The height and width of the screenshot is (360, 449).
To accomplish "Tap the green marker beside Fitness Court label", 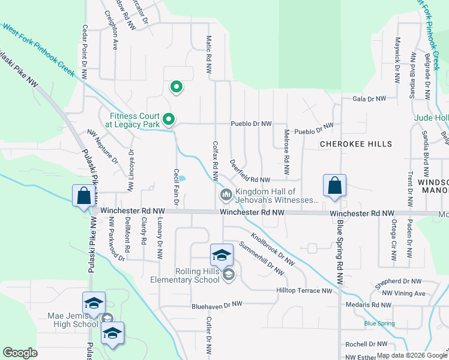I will pyautogui.click(x=169, y=120).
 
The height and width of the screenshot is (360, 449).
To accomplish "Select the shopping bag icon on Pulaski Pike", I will pyautogui.click(x=83, y=196).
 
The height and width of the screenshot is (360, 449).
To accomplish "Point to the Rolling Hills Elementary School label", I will pyautogui.click(x=189, y=275).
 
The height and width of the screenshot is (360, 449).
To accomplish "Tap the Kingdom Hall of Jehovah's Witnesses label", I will pyautogui.click(x=277, y=196).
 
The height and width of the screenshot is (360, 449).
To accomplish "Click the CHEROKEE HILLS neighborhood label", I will pyautogui.click(x=355, y=144).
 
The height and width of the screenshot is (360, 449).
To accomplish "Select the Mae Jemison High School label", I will pyautogui.click(x=73, y=320).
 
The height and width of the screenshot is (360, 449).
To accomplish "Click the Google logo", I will pyautogui.click(x=20, y=353).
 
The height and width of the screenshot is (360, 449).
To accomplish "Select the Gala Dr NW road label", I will pyautogui.click(x=369, y=98).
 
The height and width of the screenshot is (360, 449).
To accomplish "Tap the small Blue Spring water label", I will pyautogui.click(x=379, y=324).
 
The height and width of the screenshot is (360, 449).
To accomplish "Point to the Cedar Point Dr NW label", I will pyautogui.click(x=85, y=53).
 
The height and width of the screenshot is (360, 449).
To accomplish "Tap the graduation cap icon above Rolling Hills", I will pyautogui.click(x=221, y=255).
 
